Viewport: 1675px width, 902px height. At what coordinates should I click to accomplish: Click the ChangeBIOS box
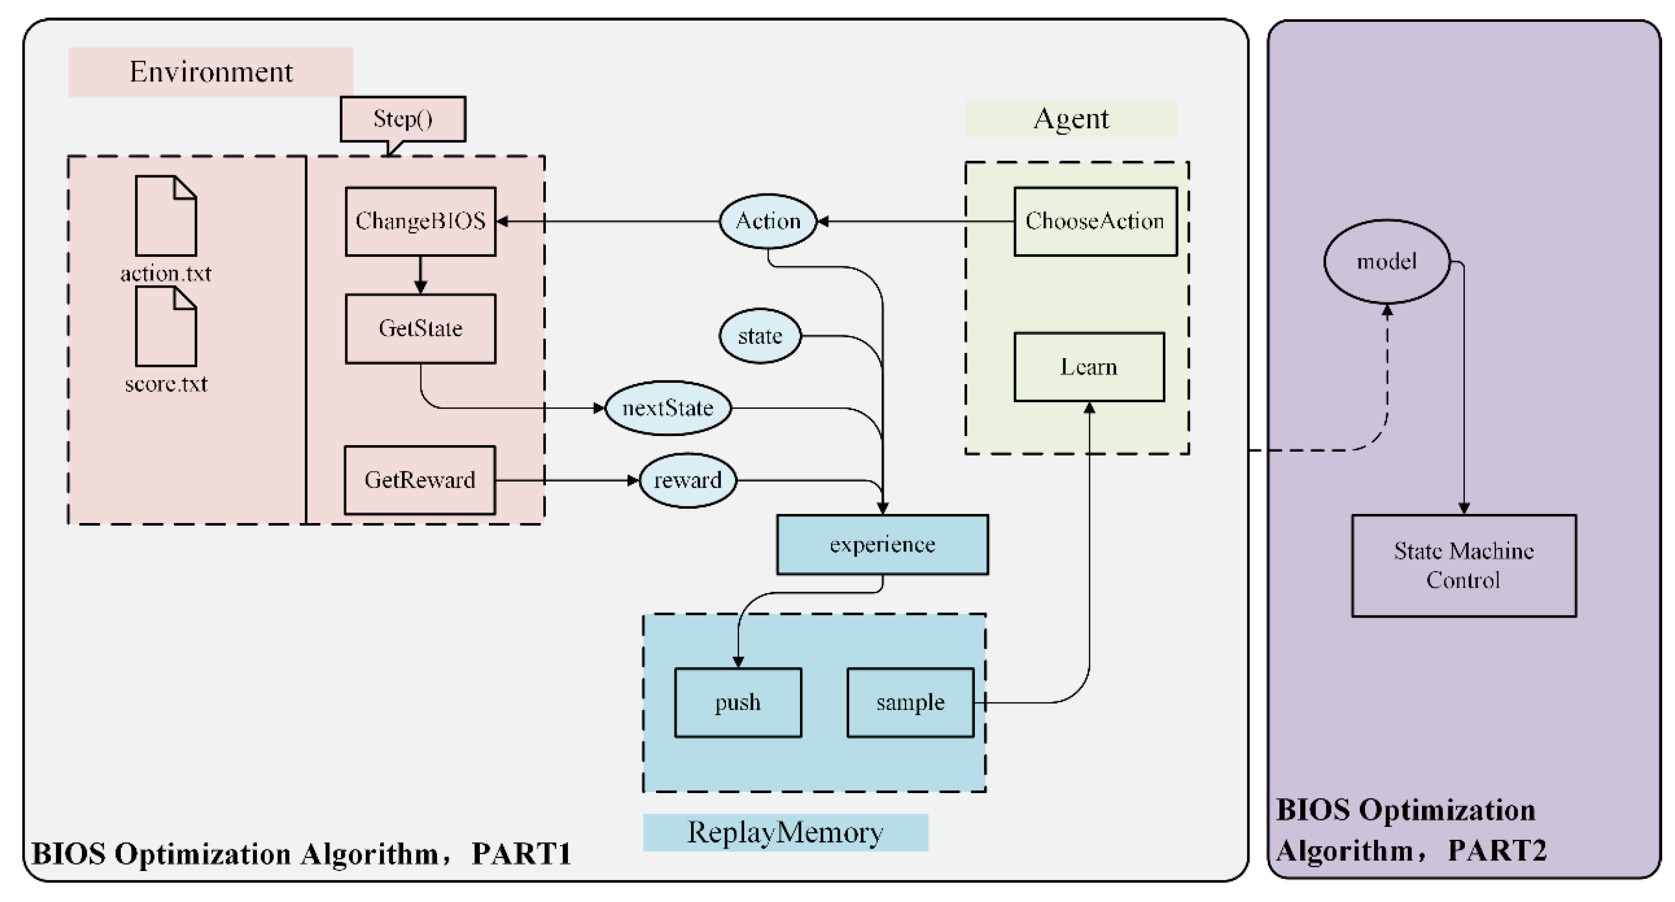[x=420, y=222]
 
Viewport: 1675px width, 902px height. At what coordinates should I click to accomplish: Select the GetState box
[x=420, y=329]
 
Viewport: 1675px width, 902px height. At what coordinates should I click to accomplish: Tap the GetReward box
[x=419, y=480]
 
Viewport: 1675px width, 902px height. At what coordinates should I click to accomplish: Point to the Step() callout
[x=402, y=119]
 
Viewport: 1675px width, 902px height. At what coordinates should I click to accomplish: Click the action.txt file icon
[x=166, y=216]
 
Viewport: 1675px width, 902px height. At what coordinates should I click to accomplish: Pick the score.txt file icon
[x=166, y=327]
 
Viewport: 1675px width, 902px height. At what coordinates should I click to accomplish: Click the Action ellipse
[x=768, y=221]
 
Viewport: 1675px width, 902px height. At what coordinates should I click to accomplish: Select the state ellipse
[x=760, y=336]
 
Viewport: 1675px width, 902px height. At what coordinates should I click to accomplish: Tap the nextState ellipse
[x=668, y=408]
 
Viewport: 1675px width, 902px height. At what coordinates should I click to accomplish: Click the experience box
[x=882, y=544]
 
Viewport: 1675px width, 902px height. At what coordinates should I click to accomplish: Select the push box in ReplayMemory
[x=738, y=702]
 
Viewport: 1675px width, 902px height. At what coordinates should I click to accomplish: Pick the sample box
[x=910, y=702]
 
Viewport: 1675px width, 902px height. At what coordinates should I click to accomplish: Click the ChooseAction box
[x=1095, y=222]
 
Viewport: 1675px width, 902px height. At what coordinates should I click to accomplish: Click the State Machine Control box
[x=1464, y=566]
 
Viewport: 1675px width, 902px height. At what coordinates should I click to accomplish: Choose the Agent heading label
[x=1071, y=119]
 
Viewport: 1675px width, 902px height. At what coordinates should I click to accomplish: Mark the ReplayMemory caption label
[x=786, y=833]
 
